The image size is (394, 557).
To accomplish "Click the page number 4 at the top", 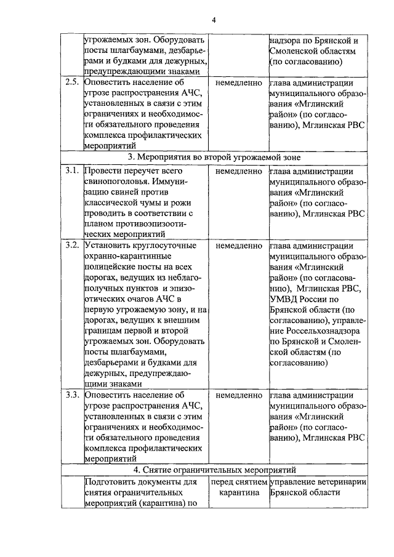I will point(214,20).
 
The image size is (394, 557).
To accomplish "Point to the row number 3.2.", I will point(72,246).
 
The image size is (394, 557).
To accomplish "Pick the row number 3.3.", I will point(72,395).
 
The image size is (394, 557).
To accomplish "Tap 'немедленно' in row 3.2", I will point(239,246).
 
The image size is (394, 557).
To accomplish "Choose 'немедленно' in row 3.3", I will point(239,395).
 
